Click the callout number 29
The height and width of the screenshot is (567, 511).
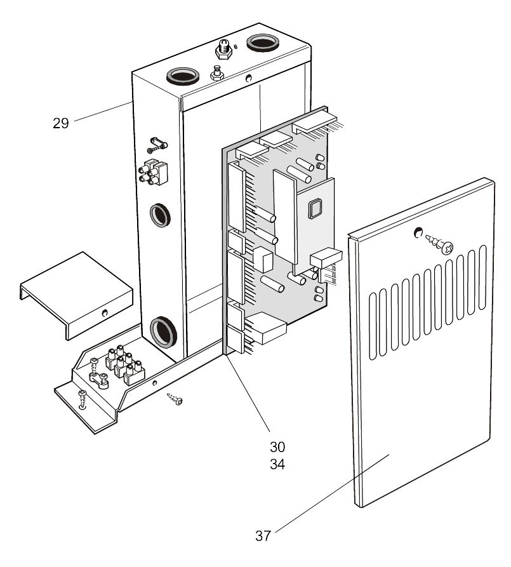pyautogui.click(x=60, y=123)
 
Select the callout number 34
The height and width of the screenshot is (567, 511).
pyautogui.click(x=277, y=465)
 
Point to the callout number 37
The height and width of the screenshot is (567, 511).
pyautogui.click(x=263, y=536)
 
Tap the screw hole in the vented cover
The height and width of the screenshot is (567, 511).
pyautogui.click(x=419, y=233)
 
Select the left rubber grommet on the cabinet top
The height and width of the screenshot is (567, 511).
pyautogui.click(x=180, y=76)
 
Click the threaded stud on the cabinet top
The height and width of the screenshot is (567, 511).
pyautogui.click(x=223, y=47)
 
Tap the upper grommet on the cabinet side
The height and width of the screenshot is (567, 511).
pyautogui.click(x=159, y=215)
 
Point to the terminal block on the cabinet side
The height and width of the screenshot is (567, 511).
pyautogui.click(x=152, y=171)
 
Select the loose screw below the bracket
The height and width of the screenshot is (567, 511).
pyautogui.click(x=174, y=399)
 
